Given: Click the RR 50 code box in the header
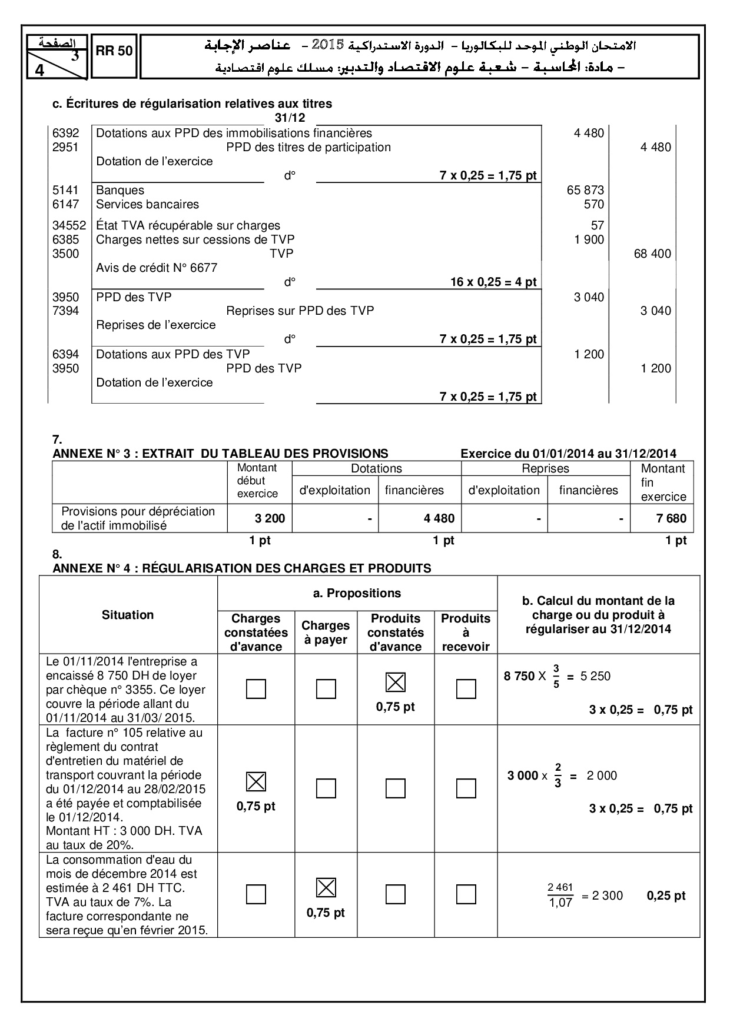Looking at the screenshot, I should [114, 51].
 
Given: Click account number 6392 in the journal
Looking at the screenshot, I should [65, 134].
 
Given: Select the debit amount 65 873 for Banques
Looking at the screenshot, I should [585, 191].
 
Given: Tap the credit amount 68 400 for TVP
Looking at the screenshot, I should [652, 254].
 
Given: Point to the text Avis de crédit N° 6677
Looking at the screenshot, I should [157, 268].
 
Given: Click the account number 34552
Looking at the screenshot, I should [69, 226].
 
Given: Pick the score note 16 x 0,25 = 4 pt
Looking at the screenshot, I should [493, 282].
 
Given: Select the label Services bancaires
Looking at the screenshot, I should [147, 205].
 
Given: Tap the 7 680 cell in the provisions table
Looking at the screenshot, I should [671, 519].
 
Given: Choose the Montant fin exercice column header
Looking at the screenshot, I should [663, 482].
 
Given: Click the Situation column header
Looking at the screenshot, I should [128, 615].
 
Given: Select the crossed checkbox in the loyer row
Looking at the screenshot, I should [395, 683].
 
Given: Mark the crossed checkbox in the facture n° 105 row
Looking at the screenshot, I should [255, 782].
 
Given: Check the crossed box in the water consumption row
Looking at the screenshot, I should [326, 888].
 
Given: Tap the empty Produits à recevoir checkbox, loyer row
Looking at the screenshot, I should [466, 689].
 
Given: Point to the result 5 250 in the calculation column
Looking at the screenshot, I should [595, 677].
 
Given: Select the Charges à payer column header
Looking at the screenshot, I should [326, 632].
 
